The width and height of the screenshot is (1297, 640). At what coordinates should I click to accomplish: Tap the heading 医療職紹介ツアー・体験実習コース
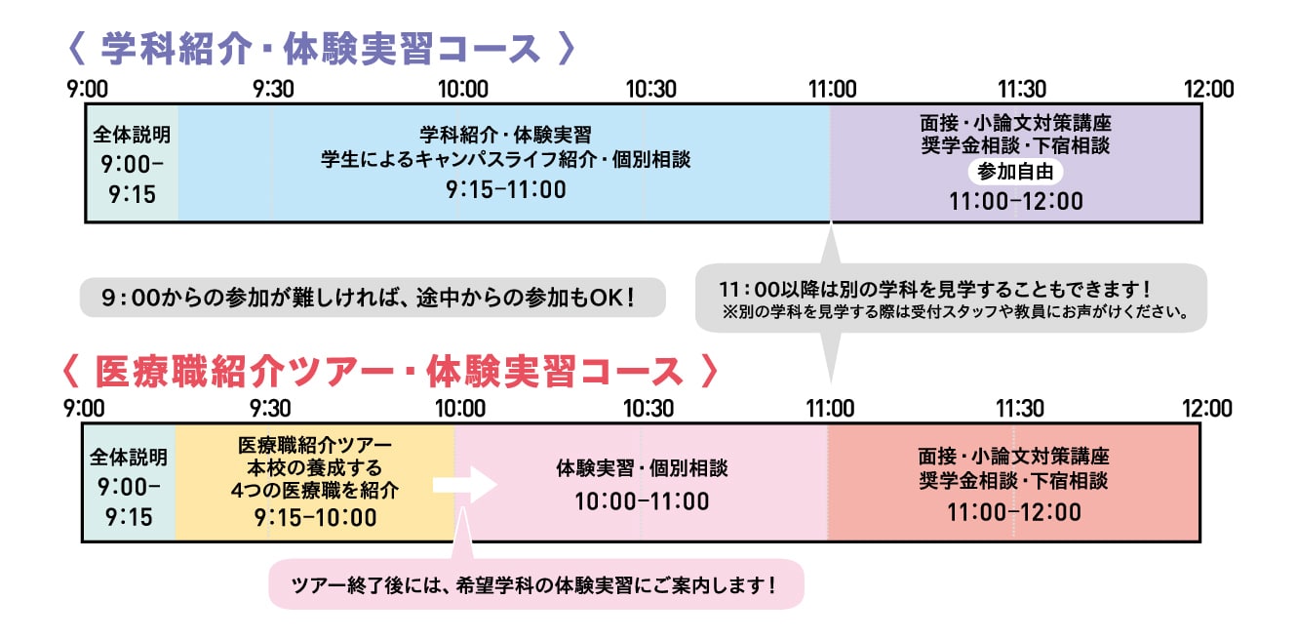click(x=389, y=372)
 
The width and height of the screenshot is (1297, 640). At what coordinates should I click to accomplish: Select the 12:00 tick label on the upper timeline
click(x=1208, y=90)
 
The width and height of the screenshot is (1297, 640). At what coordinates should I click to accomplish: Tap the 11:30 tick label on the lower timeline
click(x=1019, y=408)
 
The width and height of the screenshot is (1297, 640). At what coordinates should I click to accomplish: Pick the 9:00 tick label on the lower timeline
click(x=86, y=408)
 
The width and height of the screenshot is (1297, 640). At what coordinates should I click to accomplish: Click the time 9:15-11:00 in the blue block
click(x=506, y=190)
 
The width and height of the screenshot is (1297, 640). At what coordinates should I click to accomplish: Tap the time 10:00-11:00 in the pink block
click(x=642, y=501)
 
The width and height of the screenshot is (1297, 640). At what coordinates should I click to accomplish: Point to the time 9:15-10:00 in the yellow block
click(x=315, y=518)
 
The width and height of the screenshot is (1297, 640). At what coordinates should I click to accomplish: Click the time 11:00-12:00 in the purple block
click(x=1015, y=202)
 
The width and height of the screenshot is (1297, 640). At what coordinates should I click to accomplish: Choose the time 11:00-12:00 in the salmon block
click(x=1013, y=512)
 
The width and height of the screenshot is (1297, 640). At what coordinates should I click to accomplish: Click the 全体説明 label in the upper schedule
click(x=131, y=135)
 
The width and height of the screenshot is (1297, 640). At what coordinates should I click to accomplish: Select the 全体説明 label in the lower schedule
click(x=129, y=457)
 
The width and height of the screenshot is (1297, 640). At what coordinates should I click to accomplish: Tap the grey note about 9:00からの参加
click(x=372, y=297)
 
